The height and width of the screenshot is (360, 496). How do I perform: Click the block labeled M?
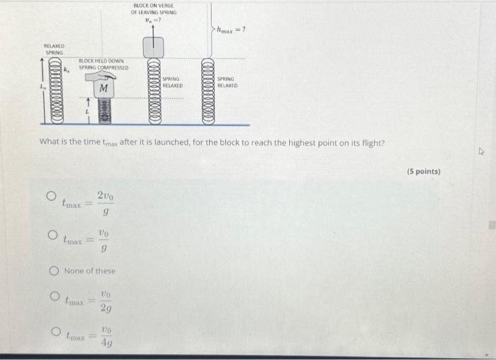click(x=103, y=88)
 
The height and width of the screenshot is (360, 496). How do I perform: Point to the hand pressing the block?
click(x=105, y=76)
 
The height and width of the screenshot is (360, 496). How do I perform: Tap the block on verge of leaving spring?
click(x=154, y=47)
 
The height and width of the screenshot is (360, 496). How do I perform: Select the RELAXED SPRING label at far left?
click(x=55, y=50)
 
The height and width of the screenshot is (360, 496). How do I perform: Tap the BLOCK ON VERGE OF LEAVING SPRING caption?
click(x=154, y=9)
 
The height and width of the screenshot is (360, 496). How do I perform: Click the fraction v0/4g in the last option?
click(x=106, y=337)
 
